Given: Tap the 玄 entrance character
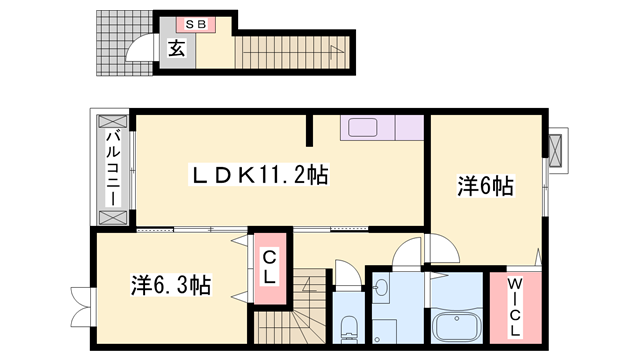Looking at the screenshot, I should point(175,47).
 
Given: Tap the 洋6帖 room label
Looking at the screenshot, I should point(486,186).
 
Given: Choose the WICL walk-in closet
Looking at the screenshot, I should point(511,307).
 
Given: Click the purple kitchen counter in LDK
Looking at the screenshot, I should point(383,128).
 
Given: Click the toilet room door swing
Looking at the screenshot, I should point(344,273).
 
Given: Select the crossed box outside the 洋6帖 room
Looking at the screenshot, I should point(557,147).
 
